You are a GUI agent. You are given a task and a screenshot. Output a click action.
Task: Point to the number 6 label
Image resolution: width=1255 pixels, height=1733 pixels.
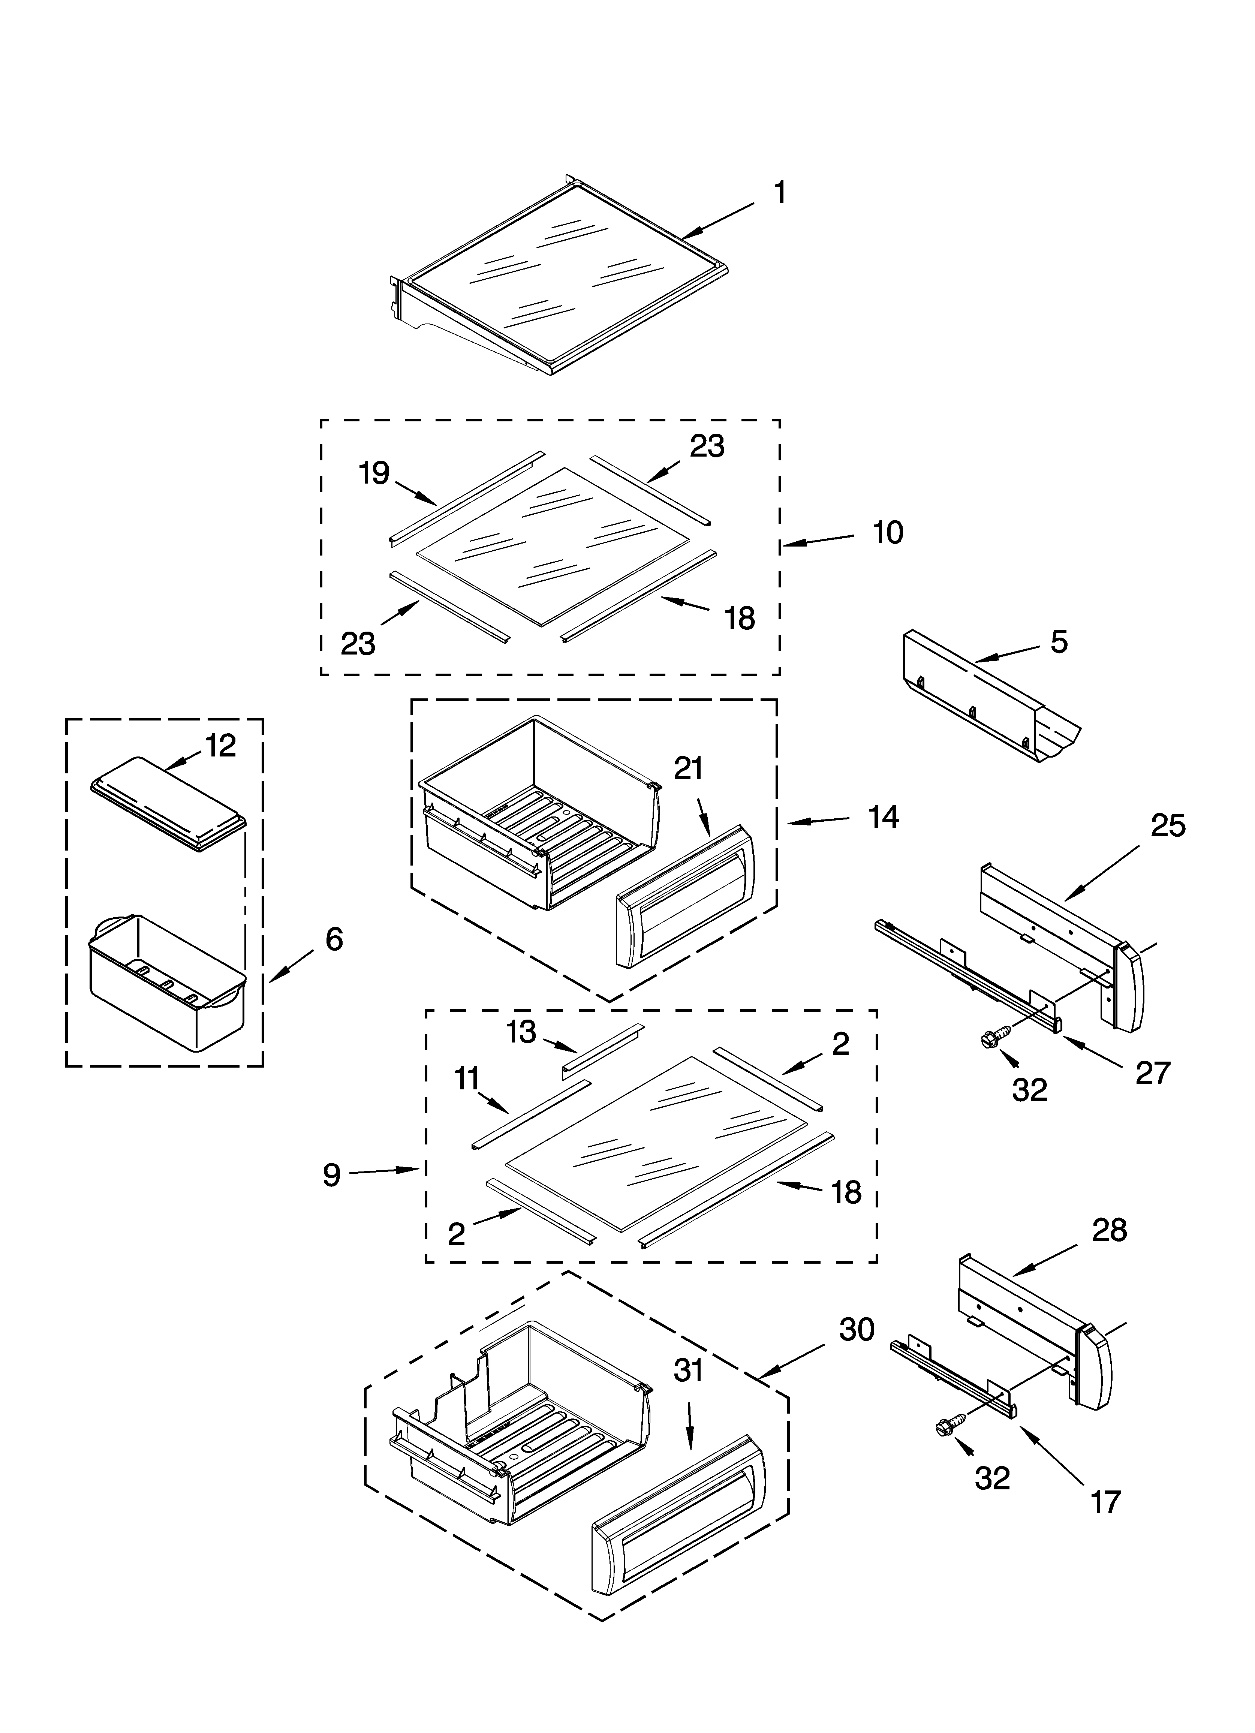(x=334, y=939)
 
